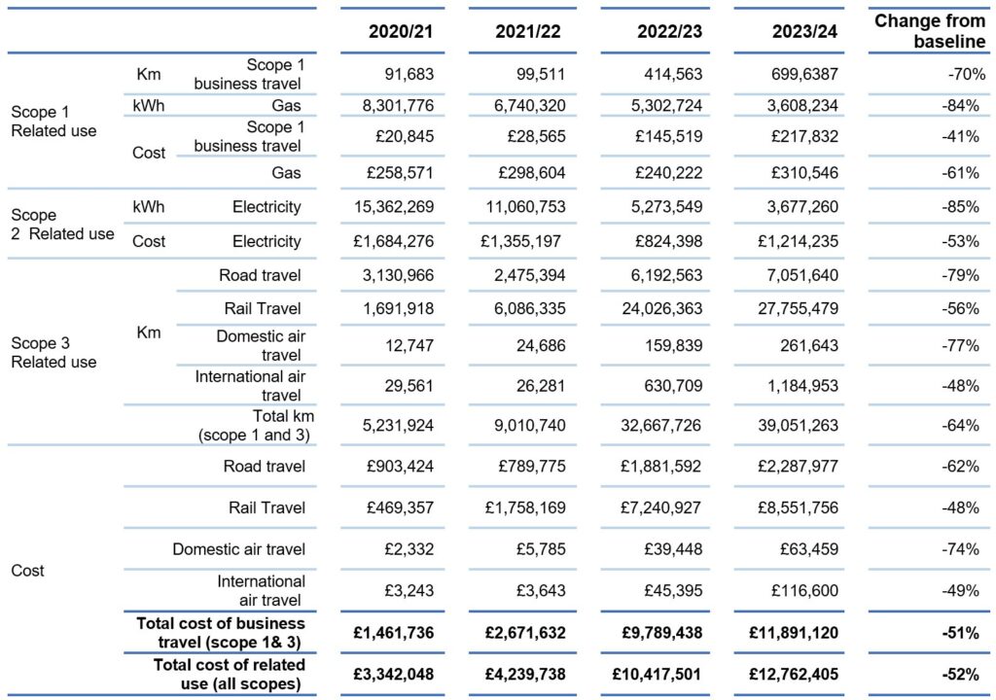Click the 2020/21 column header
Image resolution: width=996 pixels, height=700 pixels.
400,32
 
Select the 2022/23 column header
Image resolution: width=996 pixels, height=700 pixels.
669,32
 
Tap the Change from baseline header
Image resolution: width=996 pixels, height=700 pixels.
930,31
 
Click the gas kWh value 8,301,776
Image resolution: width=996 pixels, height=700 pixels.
398,105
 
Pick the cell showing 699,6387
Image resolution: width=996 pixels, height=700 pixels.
804,74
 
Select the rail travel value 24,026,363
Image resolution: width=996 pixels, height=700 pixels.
661,309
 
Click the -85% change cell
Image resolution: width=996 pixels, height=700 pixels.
960,207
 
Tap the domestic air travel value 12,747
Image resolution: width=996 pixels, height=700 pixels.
409,345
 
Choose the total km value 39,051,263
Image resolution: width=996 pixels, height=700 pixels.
798,426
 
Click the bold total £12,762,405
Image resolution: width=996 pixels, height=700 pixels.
794,674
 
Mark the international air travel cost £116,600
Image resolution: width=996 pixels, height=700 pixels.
804,591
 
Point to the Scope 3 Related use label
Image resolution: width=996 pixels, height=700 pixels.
54,353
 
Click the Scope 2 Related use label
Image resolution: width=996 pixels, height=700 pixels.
62,225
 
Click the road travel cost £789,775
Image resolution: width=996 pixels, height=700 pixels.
532,467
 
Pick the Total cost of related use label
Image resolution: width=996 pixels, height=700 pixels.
229,674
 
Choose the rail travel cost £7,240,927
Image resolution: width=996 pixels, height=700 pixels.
660,507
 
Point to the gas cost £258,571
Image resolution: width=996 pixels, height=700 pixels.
400,173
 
